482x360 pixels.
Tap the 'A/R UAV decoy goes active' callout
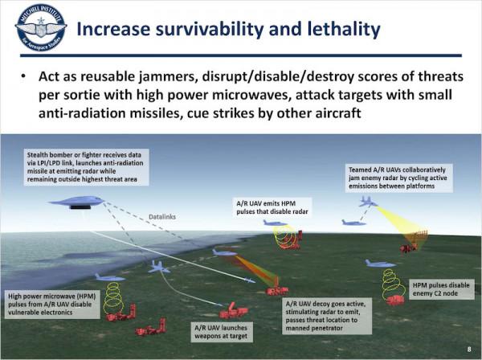329,317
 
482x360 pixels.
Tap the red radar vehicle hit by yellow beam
412,243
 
